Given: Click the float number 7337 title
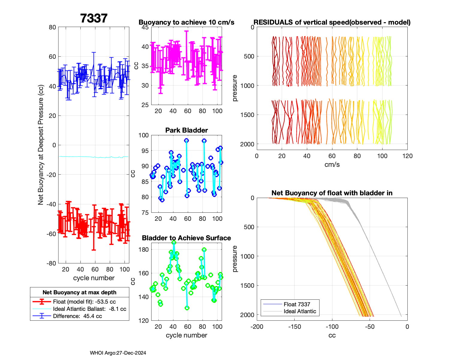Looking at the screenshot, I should click(94, 18).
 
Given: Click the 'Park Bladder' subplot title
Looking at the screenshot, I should click(187, 130).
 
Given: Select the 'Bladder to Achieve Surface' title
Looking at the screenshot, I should click(186, 238).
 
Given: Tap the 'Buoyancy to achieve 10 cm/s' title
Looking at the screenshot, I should click(186, 22).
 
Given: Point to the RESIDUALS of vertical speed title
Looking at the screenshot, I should click(332, 22).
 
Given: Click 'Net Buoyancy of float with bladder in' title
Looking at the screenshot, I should click(332, 193).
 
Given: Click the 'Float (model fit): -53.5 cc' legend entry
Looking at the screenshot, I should click(84, 302).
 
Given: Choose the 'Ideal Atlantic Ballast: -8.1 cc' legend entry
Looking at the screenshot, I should click(89, 309).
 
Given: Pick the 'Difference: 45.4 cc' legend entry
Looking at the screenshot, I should click(77, 316).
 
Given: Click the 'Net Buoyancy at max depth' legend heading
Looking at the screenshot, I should click(79, 292).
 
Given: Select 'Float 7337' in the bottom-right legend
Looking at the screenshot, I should click(297, 304).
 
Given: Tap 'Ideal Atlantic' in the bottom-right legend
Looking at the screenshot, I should click(300, 311).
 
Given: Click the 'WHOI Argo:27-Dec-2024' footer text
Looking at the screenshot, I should click(118, 353).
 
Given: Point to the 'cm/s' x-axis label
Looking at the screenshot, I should click(332, 164).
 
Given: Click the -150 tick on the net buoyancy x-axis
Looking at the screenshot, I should click(294, 327).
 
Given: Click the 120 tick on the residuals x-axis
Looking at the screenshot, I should click(407, 156).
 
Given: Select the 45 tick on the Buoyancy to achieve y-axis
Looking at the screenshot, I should click(145, 27).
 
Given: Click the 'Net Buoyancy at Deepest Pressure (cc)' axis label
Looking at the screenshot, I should click(41, 145).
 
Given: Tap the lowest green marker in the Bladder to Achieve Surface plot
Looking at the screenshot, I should click(187, 308).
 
